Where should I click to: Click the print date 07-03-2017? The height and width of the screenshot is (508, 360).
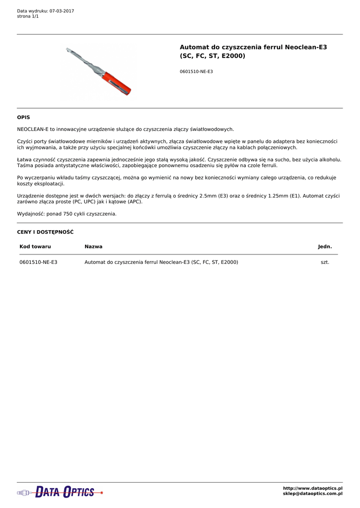62,11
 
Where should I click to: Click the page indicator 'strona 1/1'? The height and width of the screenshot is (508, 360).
28,16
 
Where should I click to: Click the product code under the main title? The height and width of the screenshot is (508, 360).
196,72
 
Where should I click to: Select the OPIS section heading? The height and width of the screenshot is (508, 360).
23,118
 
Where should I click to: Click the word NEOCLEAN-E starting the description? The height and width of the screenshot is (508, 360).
33,129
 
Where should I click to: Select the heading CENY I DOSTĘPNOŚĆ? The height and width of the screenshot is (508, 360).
45,232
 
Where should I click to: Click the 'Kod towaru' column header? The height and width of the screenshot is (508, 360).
35,247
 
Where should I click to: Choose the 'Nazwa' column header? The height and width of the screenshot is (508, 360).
93,247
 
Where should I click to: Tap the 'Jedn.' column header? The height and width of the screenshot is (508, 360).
325,247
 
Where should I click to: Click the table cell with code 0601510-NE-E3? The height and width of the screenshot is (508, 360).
38,262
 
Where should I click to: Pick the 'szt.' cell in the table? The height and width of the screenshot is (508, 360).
325,262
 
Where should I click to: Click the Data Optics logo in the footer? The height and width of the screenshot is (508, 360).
60,492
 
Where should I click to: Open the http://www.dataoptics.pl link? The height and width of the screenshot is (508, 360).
312,489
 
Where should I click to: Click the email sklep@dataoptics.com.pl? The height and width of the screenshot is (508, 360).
312,494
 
